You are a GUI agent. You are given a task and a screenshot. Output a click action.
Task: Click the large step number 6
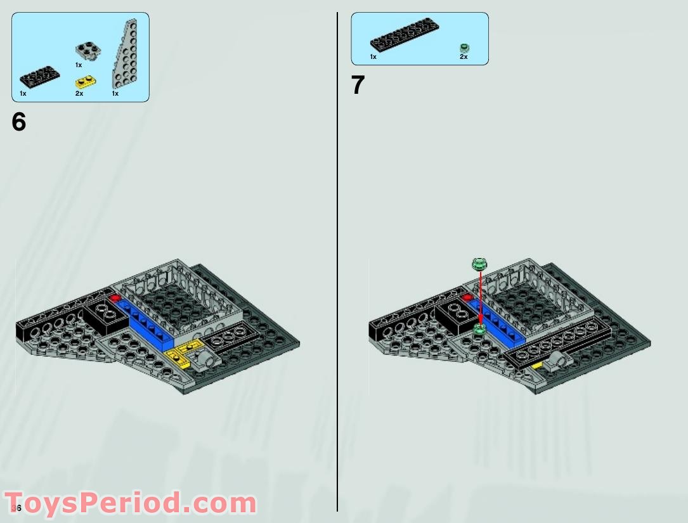pos(19,122)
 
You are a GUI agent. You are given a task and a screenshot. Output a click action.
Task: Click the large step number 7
pos(358,86)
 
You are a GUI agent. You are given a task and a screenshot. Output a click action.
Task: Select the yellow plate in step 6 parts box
pos(84,82)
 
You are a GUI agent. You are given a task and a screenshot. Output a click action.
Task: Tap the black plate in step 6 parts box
pos(40,78)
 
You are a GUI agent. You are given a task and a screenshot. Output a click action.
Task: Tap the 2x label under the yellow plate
pos(79,94)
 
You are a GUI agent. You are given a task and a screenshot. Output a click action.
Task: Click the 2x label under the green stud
pos(464,57)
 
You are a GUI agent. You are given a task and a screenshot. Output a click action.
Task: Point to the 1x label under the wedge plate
pos(115,94)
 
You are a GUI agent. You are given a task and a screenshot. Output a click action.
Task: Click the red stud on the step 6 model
pos(115,298)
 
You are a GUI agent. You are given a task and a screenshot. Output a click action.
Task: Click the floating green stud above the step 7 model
pos(480,263)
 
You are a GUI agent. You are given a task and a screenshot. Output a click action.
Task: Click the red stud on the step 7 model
pos(468,297)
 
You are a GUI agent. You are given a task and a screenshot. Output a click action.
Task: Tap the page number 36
pos(16,508)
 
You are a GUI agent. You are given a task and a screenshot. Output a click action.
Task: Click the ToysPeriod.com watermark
pos(130,503)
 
